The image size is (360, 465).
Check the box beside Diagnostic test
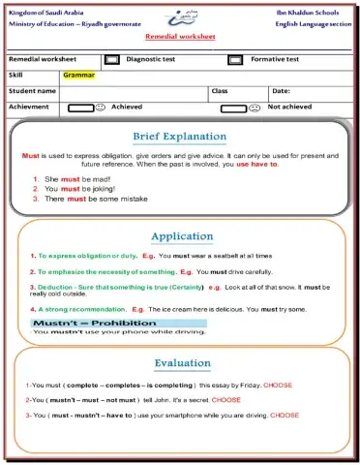(111, 59)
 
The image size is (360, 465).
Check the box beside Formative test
(234, 59)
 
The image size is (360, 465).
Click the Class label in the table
(219, 90)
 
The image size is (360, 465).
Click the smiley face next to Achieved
(100, 108)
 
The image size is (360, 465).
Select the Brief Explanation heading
(181, 137)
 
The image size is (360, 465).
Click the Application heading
(181, 235)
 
